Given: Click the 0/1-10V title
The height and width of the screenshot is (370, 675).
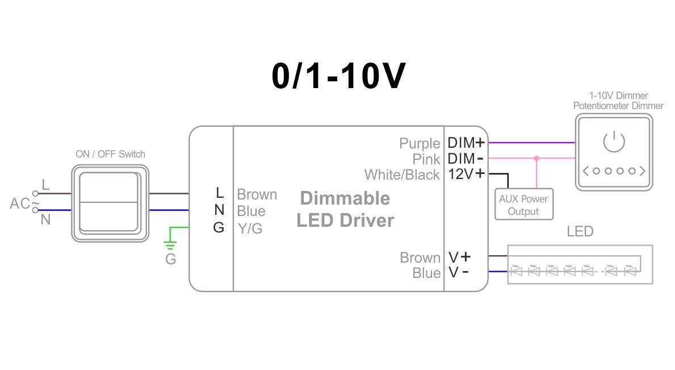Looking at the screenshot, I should tap(338, 76).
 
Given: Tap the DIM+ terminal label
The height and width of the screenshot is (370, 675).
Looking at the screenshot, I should tap(466, 143).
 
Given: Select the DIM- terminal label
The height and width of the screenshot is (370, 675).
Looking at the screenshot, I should tap(466, 159).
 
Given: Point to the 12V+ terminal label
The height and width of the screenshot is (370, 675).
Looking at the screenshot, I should tap(466, 174).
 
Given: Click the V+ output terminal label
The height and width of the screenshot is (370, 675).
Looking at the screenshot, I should tap(459, 257).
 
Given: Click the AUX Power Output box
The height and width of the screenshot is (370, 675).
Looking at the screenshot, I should tap(523, 205).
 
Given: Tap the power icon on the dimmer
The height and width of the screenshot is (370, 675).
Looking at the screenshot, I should tap(614, 142).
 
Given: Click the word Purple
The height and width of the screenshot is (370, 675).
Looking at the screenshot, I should tap(420, 143).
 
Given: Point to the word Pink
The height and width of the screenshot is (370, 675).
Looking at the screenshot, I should tap(426, 159).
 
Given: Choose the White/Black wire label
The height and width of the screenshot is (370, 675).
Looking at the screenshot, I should tap(402, 175).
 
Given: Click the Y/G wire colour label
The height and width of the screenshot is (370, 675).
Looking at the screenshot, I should tap(250, 228).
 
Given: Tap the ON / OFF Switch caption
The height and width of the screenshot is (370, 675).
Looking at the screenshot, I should tap(110, 154).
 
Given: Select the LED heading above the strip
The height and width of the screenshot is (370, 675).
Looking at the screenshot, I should tap(580, 231).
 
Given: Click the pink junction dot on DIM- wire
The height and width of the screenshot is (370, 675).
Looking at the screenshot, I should tap(536, 159).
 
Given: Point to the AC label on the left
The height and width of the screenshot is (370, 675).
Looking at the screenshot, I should tap(20, 203).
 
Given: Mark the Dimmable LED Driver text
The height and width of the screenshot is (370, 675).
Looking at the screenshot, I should tap(345, 209).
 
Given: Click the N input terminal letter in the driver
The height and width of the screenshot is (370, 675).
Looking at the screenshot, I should tap(219, 210).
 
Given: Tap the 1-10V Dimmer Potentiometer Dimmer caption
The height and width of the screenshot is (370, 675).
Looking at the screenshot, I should tap(618, 101).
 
